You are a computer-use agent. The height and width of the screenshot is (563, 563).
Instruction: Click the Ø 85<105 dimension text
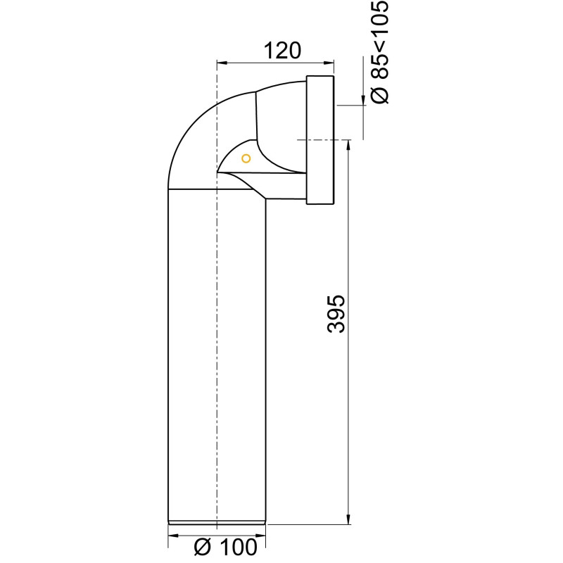coord(379,53)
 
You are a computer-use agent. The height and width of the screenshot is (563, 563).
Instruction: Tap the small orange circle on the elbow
coord(246,158)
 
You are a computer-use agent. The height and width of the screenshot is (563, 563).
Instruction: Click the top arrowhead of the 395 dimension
coord(348,144)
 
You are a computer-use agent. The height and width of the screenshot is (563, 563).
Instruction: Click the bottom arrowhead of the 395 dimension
coord(348,519)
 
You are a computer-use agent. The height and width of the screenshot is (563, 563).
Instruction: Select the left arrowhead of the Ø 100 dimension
coord(173,543)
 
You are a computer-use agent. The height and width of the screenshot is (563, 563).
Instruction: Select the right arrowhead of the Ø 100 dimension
coord(261,543)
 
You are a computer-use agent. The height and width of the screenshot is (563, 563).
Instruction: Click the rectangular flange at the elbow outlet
coord(321,140)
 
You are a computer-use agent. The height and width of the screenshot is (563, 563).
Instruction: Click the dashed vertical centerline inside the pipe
coord(217,352)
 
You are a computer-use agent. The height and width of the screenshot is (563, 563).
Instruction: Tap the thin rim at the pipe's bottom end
coord(217,522)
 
